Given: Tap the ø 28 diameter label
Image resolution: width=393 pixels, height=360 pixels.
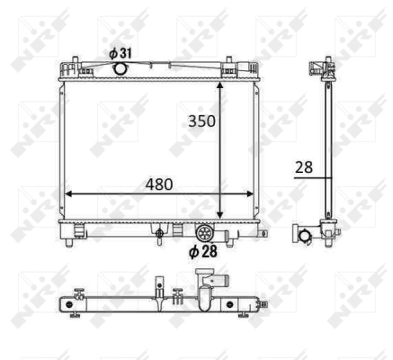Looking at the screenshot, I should click(x=204, y=253).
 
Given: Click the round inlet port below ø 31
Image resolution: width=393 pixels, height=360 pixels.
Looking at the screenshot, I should click(x=119, y=68).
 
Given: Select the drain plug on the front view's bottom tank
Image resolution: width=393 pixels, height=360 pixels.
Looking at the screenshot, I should click(x=160, y=236).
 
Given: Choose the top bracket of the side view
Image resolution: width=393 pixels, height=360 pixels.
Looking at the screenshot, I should click(x=317, y=68).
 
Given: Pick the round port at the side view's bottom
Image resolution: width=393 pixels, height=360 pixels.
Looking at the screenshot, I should click(x=306, y=237).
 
